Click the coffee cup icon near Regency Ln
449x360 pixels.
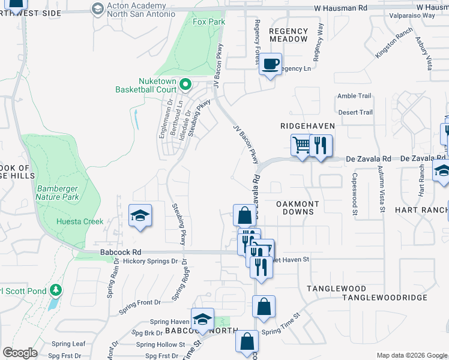tap(271, 64)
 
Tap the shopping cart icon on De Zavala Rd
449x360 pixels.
tap(302, 145)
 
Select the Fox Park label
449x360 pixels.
tap(208, 22)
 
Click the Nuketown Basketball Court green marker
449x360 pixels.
tap(185, 85)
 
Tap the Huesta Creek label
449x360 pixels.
tap(80, 221)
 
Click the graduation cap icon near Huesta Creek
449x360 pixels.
tap(140, 216)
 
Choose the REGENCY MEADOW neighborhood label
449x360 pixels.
tap(288, 35)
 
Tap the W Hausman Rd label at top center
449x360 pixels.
tap(341, 8)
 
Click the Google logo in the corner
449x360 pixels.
tap(20, 352)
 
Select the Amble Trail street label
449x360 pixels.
tap(355, 96)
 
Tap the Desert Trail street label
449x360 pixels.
tap(355, 112)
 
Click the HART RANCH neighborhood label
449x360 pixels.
tap(421, 210)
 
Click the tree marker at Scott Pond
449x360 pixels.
tap(56, 291)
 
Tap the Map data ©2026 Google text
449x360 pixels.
tap(411, 355)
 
